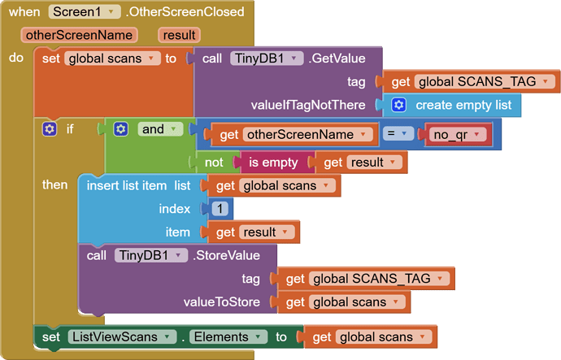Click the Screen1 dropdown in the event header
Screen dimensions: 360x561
(x=85, y=12)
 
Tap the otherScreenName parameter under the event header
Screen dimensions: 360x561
(x=79, y=35)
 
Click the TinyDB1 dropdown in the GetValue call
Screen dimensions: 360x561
(x=267, y=59)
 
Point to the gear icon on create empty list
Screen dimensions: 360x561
(x=399, y=105)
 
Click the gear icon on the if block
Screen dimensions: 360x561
(x=50, y=129)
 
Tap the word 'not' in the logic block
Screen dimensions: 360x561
(x=214, y=163)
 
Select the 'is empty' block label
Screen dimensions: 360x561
(x=273, y=163)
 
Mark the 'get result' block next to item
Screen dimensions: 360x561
(x=252, y=232)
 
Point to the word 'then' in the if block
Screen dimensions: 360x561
(x=55, y=185)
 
